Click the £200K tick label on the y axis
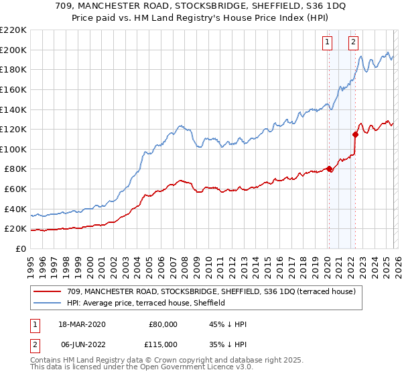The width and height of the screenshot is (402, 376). pos(13,50)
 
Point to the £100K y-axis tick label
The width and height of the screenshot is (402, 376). pos(13,149)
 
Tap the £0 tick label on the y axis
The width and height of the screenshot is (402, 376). pos(21,248)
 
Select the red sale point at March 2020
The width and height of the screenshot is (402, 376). pos(329,169)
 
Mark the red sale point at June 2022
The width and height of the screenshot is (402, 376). pos(355,134)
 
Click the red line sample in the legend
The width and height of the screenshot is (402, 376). pos(48,291)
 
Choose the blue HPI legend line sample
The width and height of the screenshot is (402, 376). pos(48,303)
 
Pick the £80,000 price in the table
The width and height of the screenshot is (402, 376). pos(161,324)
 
